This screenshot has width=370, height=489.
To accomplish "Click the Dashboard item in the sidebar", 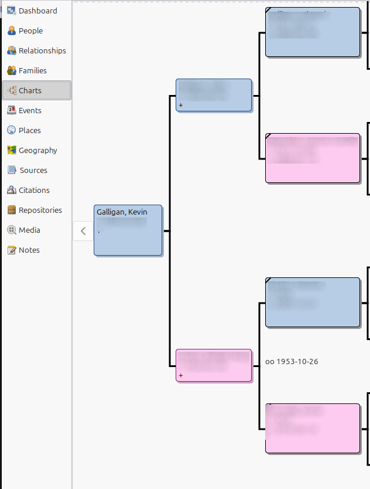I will coord(37,11).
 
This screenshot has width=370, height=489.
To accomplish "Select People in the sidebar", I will coord(30,30).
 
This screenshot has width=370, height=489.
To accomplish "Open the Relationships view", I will coord(42,50).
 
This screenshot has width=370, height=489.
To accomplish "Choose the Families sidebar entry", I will coord(32,70).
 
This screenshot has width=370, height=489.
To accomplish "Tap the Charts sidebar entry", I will coord(30,90).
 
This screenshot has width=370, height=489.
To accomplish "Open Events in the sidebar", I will coord(30,110).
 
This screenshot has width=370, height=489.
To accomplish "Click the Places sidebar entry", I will coord(29,130).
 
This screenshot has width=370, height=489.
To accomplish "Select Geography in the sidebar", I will coord(37,150).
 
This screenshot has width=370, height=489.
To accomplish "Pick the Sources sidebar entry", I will coord(33,170).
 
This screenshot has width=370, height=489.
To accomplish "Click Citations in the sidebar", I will coord(34,190).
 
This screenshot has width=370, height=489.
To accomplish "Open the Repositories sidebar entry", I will coord(40,210).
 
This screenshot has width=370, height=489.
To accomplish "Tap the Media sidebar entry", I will coord(29,230).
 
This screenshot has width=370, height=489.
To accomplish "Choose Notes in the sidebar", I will coord(29,250).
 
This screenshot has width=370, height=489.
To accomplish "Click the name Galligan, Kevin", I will coord(122,212).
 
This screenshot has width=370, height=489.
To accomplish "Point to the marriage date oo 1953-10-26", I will coord(292,362).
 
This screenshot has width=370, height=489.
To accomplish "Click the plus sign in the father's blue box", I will coord(181,106).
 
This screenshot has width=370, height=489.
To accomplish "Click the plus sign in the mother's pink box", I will coord(181,375).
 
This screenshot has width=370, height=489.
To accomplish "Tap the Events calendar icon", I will coord(11,110).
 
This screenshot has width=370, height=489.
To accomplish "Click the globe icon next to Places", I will coord(11,130).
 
